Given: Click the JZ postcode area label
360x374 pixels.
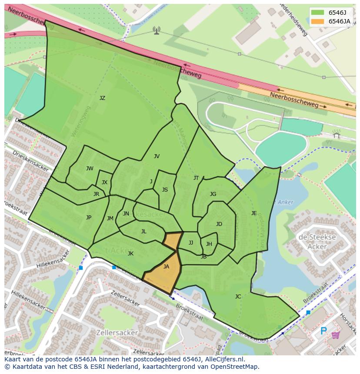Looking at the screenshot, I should coord(102,98).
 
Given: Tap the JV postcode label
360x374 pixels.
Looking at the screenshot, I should coord(157,156).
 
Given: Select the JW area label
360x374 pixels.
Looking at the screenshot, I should coord(90,169).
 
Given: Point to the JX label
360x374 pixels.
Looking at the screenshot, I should coord(104,182).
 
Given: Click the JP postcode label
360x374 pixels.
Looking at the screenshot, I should coord(89,218).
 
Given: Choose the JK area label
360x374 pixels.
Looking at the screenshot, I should coord(130,254).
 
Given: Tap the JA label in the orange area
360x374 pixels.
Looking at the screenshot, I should coord(166,267).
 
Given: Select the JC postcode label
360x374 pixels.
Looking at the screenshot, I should coord(238,297).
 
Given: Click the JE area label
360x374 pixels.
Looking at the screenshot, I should coord(254,213).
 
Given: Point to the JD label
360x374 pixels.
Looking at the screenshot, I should coord(219,224).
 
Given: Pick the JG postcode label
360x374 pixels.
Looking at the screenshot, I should coord(213,194).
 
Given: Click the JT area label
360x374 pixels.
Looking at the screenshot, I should coord(196,178).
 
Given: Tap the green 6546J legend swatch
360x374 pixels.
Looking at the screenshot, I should coord(317,12).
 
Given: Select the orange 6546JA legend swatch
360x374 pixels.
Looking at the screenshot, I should coord(317,21).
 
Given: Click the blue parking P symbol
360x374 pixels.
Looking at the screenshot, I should coord(323,331).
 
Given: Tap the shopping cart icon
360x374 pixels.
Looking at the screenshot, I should coord(336,335).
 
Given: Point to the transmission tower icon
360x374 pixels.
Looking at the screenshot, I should coord(156,30).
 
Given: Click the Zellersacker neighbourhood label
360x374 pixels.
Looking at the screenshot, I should coord(118,333).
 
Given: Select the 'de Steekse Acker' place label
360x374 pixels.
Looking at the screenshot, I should coord(317,242).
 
